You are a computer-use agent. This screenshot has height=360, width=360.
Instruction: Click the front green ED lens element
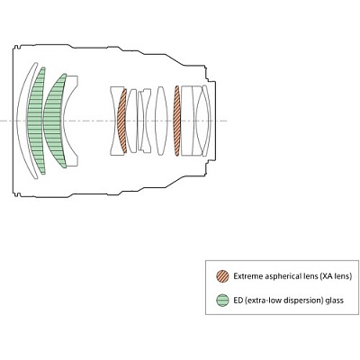(x=36, y=121)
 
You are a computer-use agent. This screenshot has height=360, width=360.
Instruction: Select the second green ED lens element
(x=53, y=121)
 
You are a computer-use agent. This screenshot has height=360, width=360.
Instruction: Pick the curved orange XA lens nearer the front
(x=121, y=121)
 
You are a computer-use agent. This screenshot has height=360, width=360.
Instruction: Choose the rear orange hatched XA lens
(x=177, y=121)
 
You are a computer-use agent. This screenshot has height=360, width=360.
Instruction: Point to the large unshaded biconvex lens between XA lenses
(x=161, y=121)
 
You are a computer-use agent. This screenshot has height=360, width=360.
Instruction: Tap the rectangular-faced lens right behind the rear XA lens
(x=186, y=121)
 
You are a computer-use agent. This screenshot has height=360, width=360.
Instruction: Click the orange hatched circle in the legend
(x=222, y=276)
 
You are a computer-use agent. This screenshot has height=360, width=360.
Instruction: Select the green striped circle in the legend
(x=222, y=301)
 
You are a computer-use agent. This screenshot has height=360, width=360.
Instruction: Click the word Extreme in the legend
(x=248, y=276)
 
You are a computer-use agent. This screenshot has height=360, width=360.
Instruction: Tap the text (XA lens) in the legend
(x=336, y=276)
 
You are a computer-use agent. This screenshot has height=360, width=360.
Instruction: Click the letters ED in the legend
(x=238, y=300)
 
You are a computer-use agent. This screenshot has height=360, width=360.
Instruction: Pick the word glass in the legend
(x=334, y=301)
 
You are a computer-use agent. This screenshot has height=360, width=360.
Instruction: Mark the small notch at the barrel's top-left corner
(x=17, y=47)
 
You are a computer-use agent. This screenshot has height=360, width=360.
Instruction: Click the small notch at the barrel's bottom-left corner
(x=17, y=194)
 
